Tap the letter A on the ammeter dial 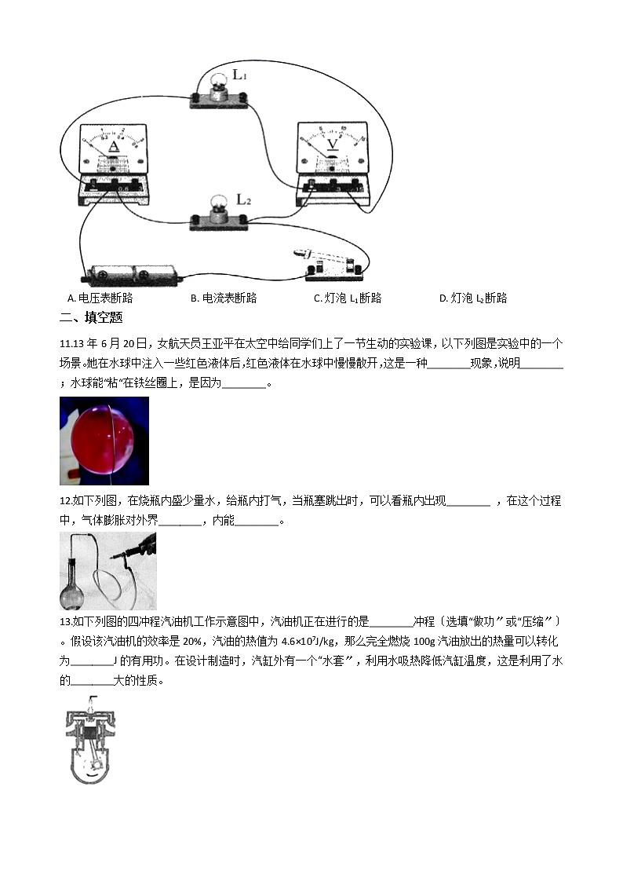tap(114, 147)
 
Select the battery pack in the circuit tap(133, 274)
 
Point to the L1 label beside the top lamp tap(241, 76)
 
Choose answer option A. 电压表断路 tap(100, 298)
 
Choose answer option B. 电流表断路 tap(224, 298)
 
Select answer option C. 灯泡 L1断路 tap(348, 298)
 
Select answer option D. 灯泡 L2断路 tap(473, 298)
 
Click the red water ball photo tap(104, 441)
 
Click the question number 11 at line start tap(65, 343)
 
